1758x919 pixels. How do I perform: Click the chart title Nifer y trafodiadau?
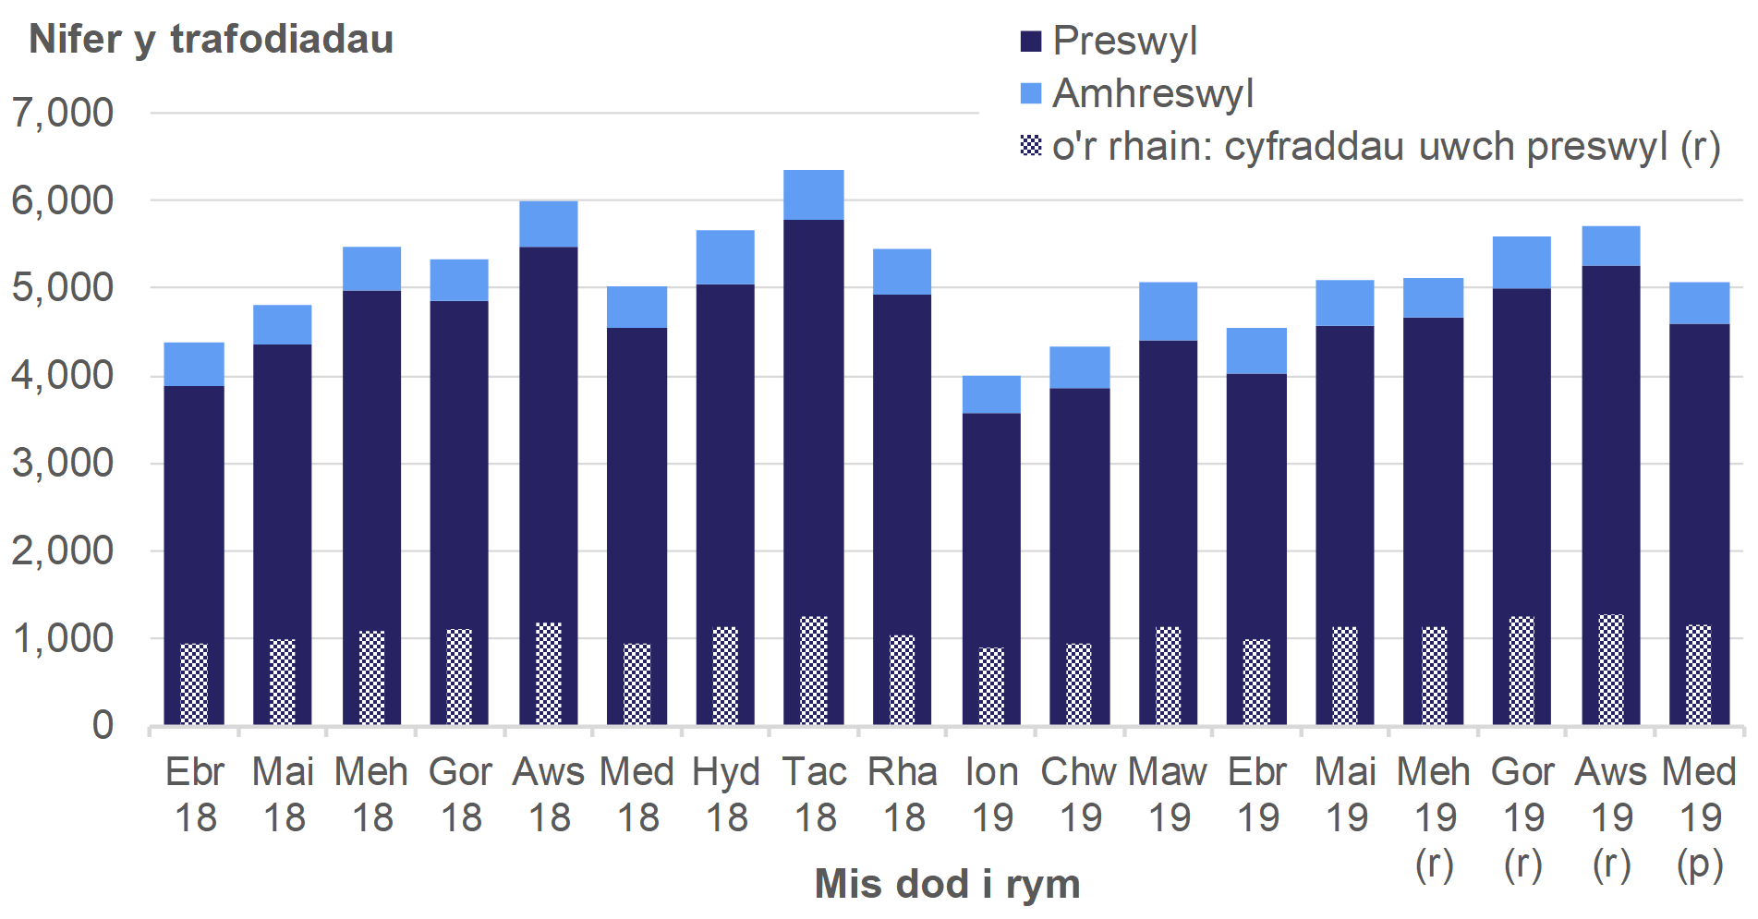[x=211, y=40]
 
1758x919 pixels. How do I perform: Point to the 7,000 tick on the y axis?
[x=63, y=113]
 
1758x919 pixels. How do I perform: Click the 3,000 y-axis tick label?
[x=63, y=463]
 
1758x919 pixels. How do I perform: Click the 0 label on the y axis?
[x=103, y=726]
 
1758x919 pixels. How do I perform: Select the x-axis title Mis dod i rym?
[x=947, y=884]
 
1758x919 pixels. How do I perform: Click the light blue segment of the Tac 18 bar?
[x=813, y=195]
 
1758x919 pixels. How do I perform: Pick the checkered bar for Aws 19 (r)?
[x=1610, y=670]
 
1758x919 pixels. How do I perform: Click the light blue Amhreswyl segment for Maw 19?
[x=1168, y=311]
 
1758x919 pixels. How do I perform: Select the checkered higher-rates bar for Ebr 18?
[x=194, y=683]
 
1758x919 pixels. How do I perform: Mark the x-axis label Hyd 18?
[x=726, y=794]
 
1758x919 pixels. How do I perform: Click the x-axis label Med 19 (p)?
[x=1699, y=817]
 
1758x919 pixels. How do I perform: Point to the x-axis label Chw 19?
[x=1079, y=794]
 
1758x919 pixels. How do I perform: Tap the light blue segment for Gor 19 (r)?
[x=1522, y=263]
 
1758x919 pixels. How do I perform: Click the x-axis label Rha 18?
[x=903, y=794]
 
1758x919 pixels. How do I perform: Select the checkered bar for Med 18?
[x=637, y=683]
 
